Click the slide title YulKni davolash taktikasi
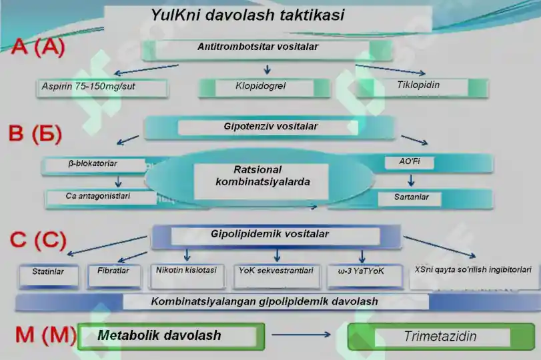(x=247, y=15)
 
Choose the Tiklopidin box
(x=418, y=85)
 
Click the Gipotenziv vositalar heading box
(x=270, y=127)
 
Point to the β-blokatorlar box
(x=93, y=163)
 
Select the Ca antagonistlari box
(x=98, y=197)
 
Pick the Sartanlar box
(x=412, y=197)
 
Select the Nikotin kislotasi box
(x=186, y=271)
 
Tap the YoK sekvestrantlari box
(x=276, y=271)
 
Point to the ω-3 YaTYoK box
(x=361, y=271)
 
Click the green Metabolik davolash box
(x=171, y=335)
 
